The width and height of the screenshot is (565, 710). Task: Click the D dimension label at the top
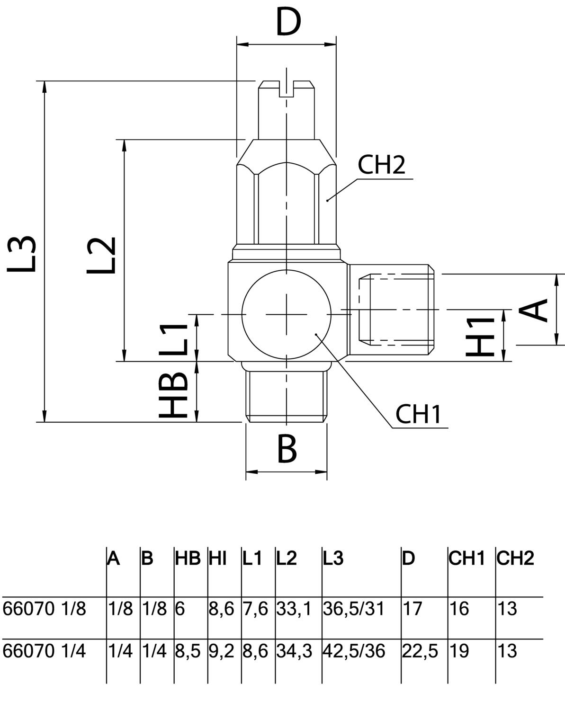coord(288,23)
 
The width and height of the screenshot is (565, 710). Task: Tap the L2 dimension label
coord(101,254)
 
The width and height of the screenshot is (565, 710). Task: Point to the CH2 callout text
coord(381,165)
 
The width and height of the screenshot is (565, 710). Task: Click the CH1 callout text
coord(418,414)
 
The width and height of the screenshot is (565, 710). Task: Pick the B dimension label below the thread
coord(287,448)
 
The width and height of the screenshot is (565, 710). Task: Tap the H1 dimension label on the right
coord(481,336)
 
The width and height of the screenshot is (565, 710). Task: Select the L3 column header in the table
coord(333,559)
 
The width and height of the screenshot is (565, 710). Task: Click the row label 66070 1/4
coord(45,651)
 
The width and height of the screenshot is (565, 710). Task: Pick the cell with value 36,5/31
coord(354,608)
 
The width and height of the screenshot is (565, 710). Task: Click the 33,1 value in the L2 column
coord(294,608)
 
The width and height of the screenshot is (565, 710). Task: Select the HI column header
coord(218,559)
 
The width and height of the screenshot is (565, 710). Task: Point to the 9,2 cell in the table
coord(222,651)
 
